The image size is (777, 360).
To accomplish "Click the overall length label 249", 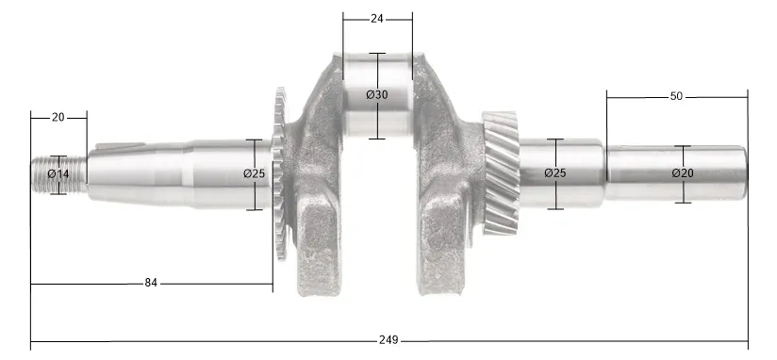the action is coord(388,340).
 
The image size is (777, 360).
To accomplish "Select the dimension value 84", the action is coord(151,283).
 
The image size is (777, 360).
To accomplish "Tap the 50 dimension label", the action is coord(676,96).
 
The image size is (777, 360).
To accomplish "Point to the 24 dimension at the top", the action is coord(376,19).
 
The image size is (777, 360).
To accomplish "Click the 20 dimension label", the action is coord(58,118).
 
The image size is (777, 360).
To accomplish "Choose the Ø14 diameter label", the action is coord(58,173).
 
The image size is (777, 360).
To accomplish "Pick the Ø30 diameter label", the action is coord(377,94).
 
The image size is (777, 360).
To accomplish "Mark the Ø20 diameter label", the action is coord(683,173).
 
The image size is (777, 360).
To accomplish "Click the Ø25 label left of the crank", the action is coord(255,173).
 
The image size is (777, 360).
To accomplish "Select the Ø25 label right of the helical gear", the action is coord(555,173).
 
